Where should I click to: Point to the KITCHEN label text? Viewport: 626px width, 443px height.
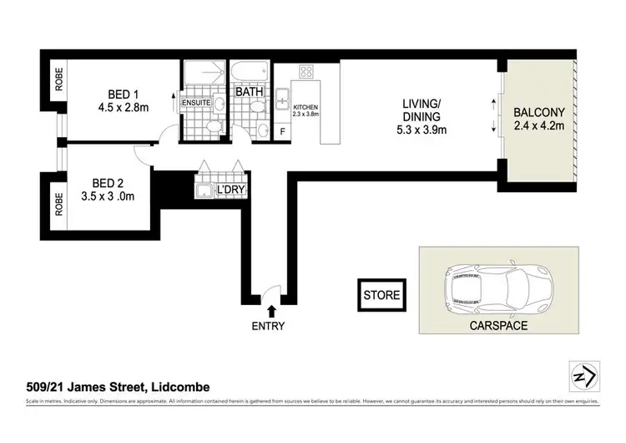pyautogui.click(x=305, y=107)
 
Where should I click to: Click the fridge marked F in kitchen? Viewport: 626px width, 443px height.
pyautogui.click(x=283, y=132)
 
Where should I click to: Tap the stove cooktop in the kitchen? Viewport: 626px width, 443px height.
pyautogui.click(x=305, y=72)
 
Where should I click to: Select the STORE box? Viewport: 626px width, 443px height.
pyautogui.click(x=382, y=295)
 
